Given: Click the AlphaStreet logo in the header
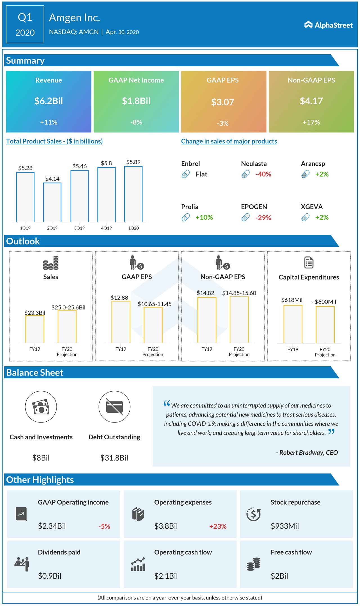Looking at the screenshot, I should (328, 25).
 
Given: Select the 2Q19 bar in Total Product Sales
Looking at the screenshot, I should (52, 202).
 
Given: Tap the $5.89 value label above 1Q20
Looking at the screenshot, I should (133, 162).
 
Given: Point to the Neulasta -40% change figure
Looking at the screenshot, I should (263, 174).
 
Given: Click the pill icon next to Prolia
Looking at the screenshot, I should (186, 217).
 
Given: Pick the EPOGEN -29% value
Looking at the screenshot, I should (263, 218).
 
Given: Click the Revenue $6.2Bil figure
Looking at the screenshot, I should (49, 101).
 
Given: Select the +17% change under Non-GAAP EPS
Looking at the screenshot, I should (311, 122).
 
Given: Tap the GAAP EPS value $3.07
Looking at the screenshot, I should (222, 102).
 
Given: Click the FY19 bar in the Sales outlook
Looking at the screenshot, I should (35, 329).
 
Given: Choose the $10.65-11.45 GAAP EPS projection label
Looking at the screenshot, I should (154, 304).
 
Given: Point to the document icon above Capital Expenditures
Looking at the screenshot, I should (309, 263).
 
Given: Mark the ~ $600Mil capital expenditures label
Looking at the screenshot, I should (323, 302).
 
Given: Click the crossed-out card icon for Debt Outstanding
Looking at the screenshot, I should (114, 406).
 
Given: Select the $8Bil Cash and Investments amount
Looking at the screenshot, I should (41, 458).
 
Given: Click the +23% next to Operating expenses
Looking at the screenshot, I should (218, 526).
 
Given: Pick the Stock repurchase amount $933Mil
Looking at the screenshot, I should (285, 526).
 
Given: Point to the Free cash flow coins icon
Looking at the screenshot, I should (254, 564).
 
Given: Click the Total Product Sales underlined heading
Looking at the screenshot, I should (54, 141).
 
